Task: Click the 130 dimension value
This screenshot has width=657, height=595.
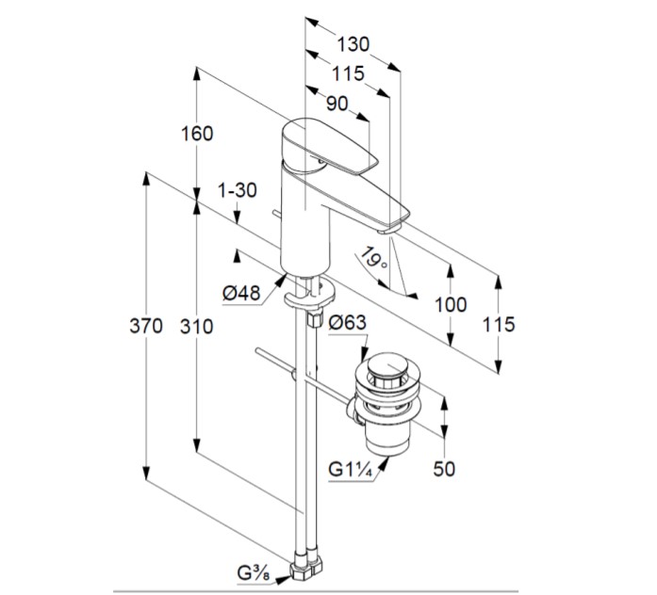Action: (x=353, y=43)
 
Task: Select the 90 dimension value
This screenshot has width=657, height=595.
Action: (x=337, y=103)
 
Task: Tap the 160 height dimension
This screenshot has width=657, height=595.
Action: (x=198, y=134)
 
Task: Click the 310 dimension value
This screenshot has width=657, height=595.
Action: (x=197, y=326)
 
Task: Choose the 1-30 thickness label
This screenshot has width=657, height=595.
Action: (x=237, y=189)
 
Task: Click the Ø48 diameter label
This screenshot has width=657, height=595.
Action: (x=241, y=293)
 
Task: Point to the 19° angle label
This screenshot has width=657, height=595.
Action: (x=374, y=257)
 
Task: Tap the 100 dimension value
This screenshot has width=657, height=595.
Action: (x=452, y=303)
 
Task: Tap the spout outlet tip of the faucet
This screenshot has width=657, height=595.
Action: (x=390, y=226)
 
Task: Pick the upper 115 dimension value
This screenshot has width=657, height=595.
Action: (x=348, y=73)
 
